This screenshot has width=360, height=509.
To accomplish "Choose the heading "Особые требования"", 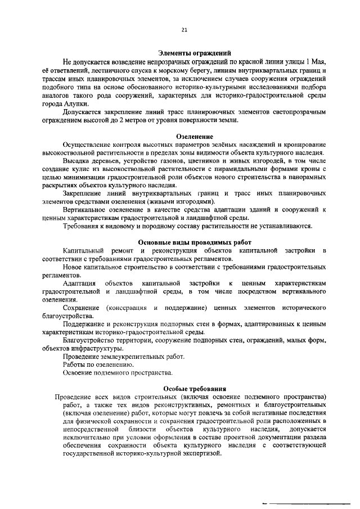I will pos(195,388).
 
